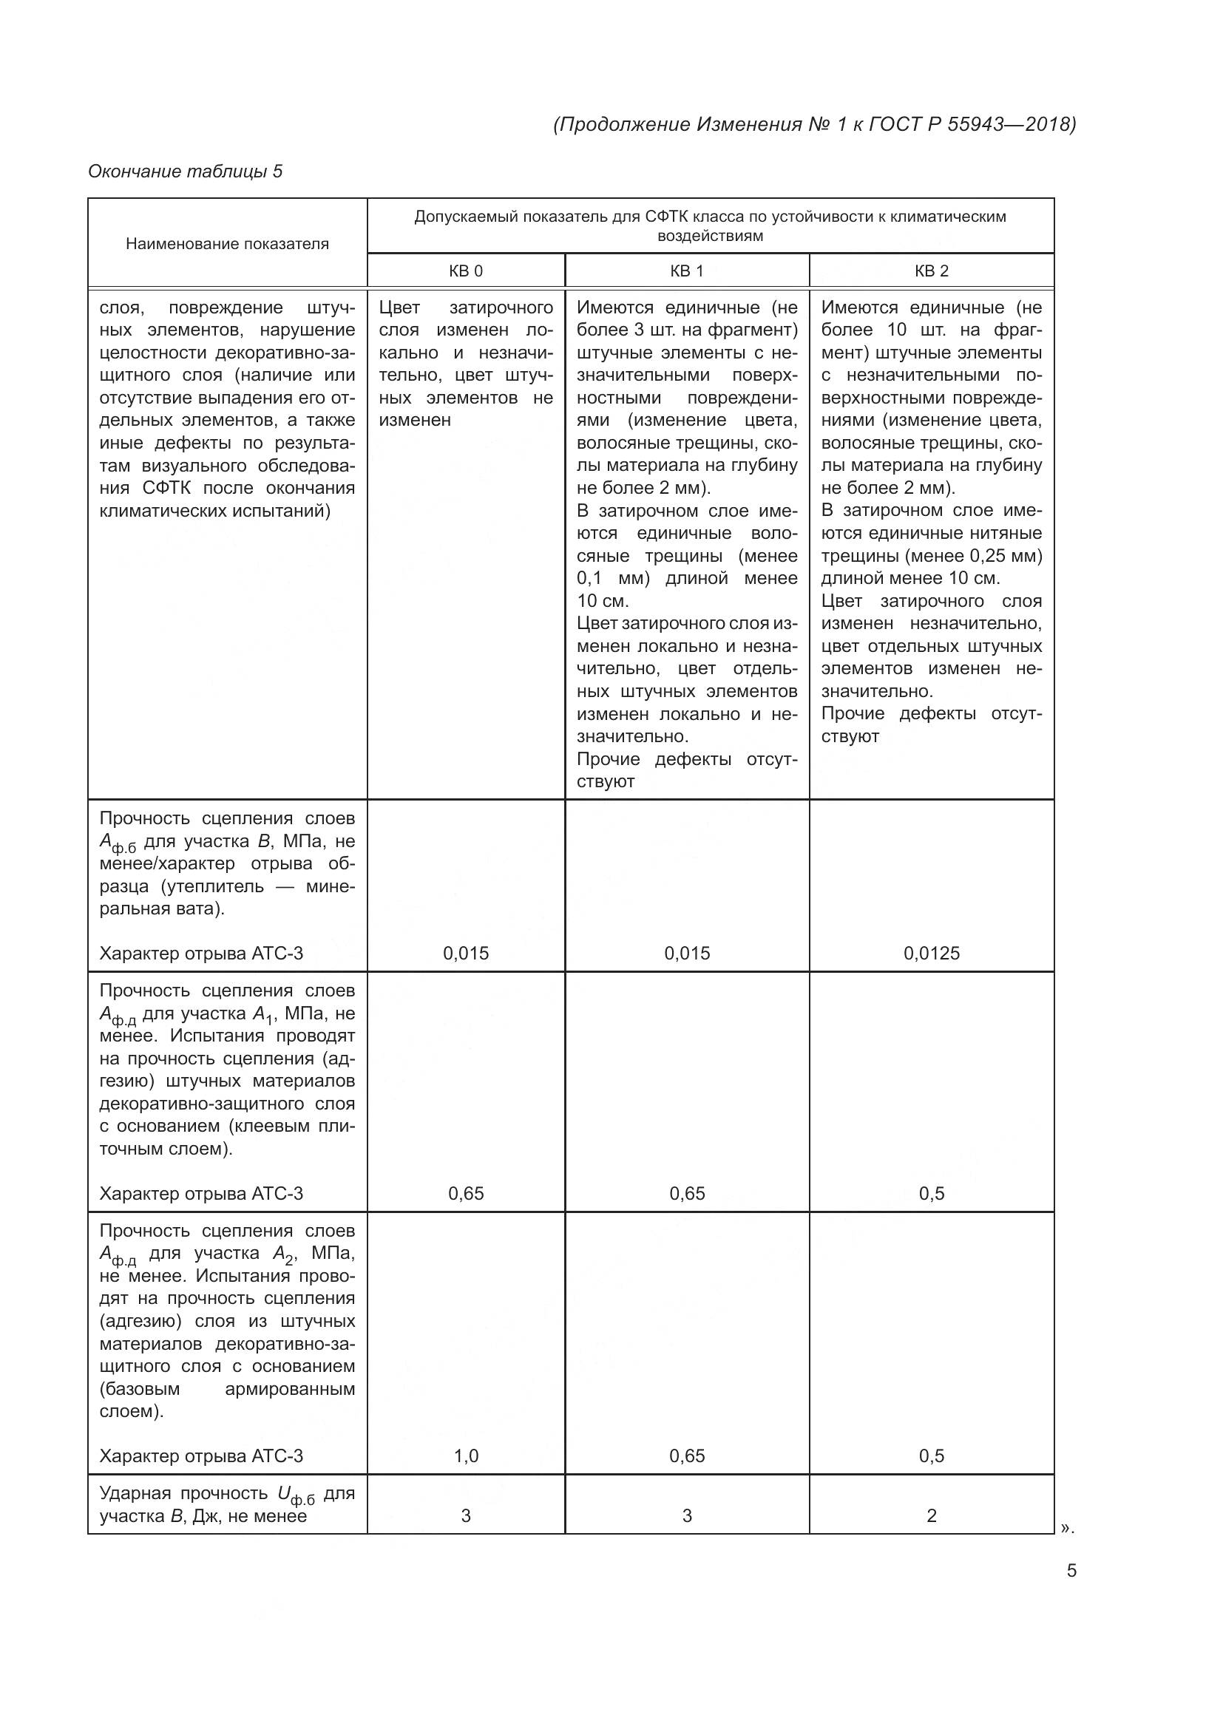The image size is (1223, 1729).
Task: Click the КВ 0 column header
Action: coord(465,271)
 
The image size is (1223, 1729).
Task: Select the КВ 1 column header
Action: coord(686,271)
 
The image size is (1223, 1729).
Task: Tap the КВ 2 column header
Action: coord(931,271)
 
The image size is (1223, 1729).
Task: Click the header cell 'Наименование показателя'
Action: coord(227,244)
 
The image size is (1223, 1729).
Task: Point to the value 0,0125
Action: coord(932,954)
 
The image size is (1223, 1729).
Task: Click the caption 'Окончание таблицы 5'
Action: coord(185,171)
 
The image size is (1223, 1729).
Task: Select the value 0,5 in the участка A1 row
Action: coord(932,1194)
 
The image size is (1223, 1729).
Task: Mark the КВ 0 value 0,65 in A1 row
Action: coord(465,1194)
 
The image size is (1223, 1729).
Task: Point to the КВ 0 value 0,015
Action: coord(465,954)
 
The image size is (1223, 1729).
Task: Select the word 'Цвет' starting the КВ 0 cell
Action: coord(399,308)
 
